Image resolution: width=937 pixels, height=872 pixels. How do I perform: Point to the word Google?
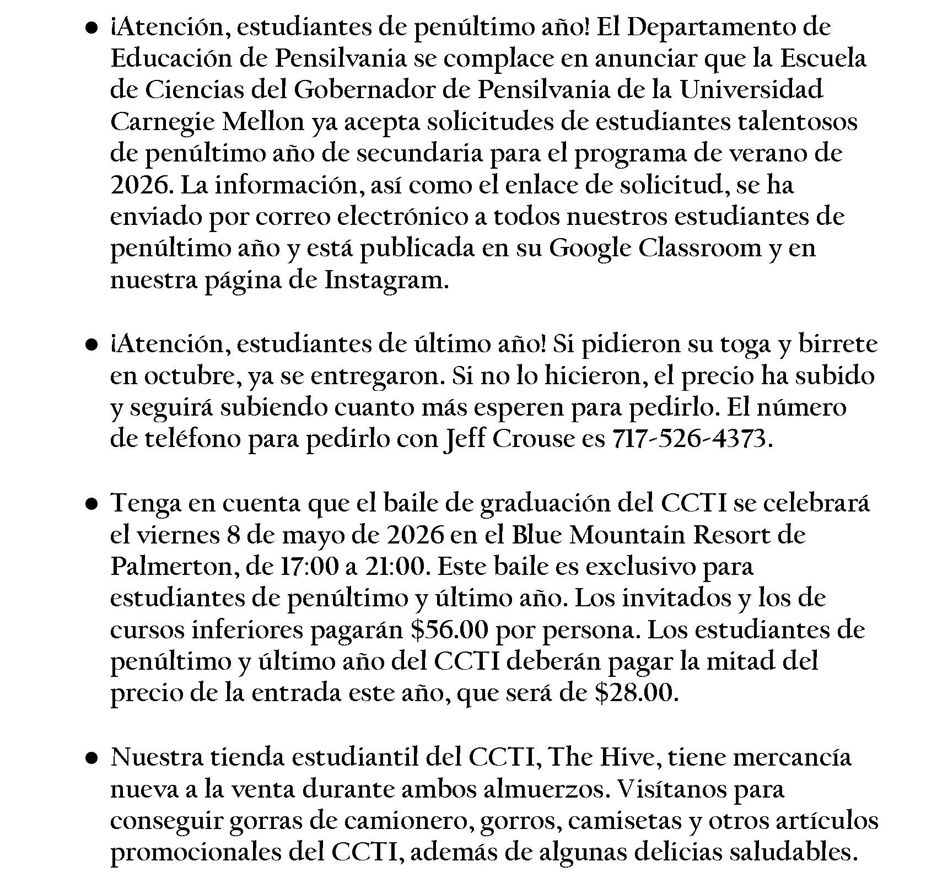590,249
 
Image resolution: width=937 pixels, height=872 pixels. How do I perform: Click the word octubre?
187,376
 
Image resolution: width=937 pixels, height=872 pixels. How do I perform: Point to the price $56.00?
449,630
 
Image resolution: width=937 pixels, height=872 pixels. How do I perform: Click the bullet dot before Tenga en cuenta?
91,504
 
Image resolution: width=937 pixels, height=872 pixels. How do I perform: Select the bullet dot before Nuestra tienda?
91,758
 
